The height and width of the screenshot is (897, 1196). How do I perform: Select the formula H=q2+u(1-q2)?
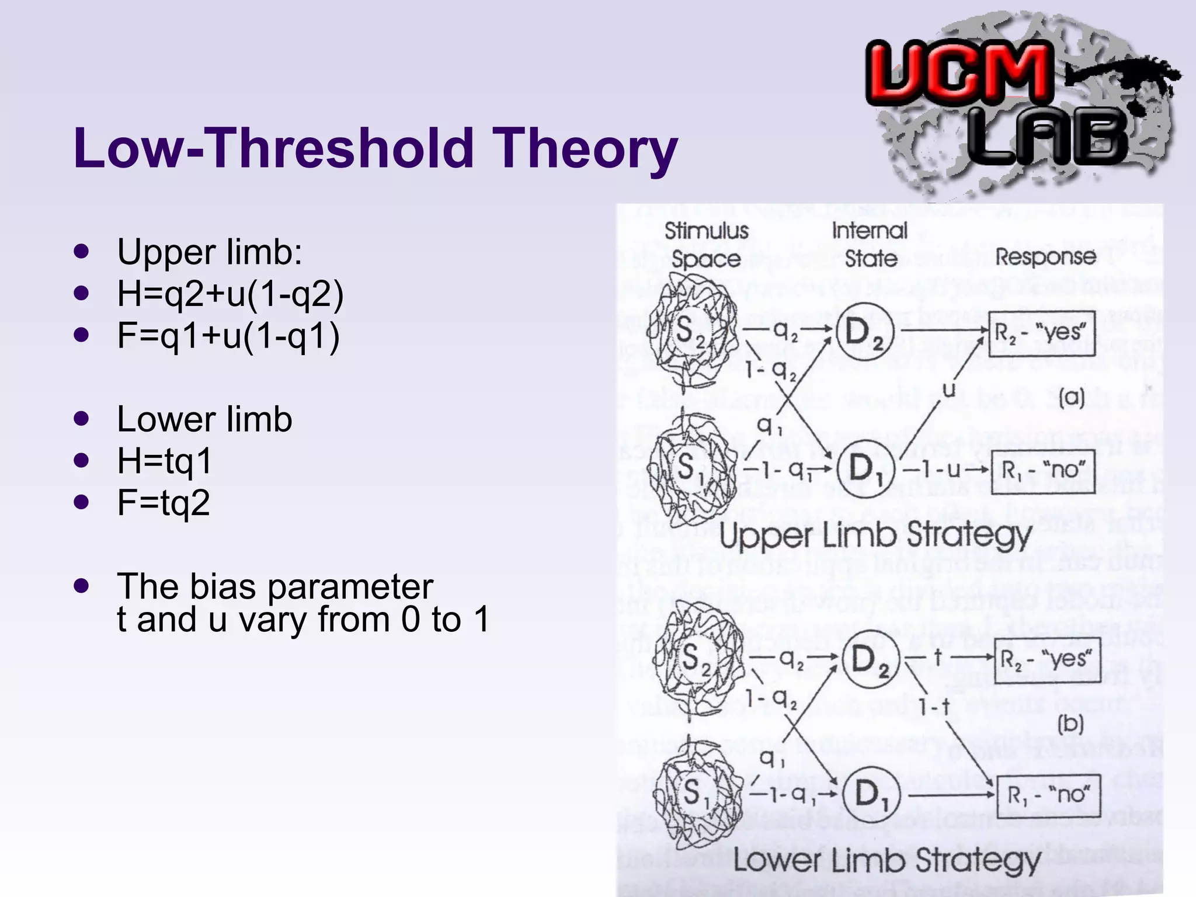(x=230, y=294)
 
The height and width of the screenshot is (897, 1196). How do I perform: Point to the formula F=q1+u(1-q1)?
(x=228, y=336)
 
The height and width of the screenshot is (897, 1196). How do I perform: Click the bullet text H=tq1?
(x=164, y=461)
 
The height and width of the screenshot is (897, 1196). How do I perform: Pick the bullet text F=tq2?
(x=163, y=503)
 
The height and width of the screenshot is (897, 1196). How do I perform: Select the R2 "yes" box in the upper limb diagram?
(x=1041, y=333)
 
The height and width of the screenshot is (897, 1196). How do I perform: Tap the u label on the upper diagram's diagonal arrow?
(x=950, y=390)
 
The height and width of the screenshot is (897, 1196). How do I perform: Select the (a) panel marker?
(x=1072, y=398)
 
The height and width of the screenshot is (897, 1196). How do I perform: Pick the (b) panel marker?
(x=1070, y=724)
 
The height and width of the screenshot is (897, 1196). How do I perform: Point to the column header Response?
(x=1045, y=257)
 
